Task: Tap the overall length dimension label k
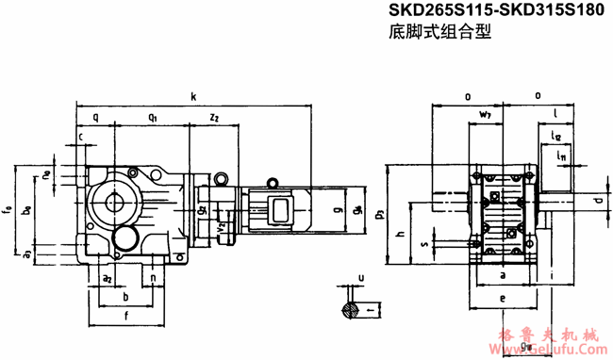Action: coord(193,96)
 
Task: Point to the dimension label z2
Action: coord(214,118)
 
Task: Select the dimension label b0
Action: coord(28,211)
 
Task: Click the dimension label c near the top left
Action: coord(81,138)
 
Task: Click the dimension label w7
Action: coord(485,115)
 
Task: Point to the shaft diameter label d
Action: coord(597,200)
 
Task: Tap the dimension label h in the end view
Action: coord(400,234)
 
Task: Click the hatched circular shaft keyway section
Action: coord(350,308)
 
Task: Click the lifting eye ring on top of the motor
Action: coord(220,176)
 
